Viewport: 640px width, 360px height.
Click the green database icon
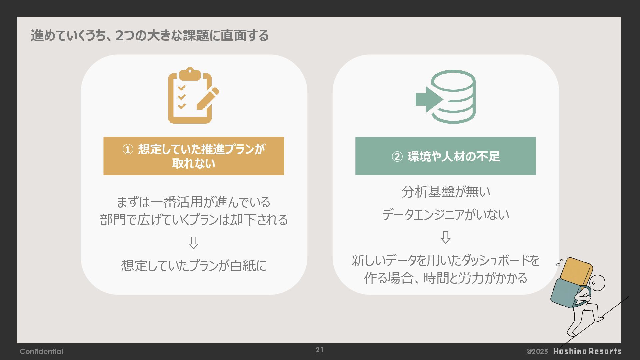pyautogui.click(x=453, y=97)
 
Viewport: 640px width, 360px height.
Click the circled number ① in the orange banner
pyautogui.click(x=128, y=149)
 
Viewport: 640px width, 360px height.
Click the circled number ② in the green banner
pyautogui.click(x=397, y=156)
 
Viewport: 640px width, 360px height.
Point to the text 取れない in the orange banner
pyautogui.click(x=194, y=164)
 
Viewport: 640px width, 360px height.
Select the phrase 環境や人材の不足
pyautogui.click(x=454, y=156)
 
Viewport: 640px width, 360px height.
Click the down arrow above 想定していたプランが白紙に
pyautogui.click(x=193, y=243)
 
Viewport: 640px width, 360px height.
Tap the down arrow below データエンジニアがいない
pyautogui.click(x=446, y=237)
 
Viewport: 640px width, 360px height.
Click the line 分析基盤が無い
pyautogui.click(x=446, y=192)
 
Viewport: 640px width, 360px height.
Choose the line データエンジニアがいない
pyautogui.click(x=446, y=214)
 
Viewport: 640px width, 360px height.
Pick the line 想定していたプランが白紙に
pyautogui.click(x=194, y=266)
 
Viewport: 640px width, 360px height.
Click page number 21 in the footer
pyautogui.click(x=319, y=350)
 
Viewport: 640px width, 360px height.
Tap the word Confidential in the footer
pyautogui.click(x=41, y=351)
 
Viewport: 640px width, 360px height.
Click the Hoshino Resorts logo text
pyautogui.click(x=587, y=351)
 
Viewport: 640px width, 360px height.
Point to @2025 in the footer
pyautogui.click(x=537, y=351)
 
